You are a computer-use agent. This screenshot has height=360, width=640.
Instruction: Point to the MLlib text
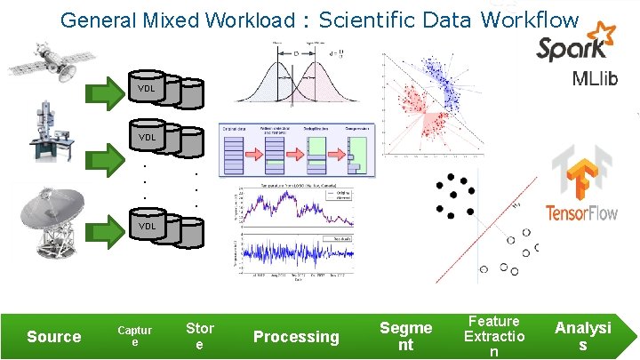click(x=596, y=79)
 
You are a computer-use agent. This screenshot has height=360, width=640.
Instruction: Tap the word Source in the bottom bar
click(x=54, y=337)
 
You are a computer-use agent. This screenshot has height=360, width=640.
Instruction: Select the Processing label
click(x=296, y=337)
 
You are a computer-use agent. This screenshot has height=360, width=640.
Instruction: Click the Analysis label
click(x=583, y=336)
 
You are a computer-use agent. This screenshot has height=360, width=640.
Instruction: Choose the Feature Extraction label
click(x=494, y=336)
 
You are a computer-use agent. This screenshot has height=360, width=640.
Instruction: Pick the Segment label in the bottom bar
click(x=405, y=336)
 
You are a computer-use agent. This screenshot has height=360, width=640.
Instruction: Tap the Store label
click(x=199, y=336)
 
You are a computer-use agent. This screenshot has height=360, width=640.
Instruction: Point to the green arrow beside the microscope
click(x=108, y=142)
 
